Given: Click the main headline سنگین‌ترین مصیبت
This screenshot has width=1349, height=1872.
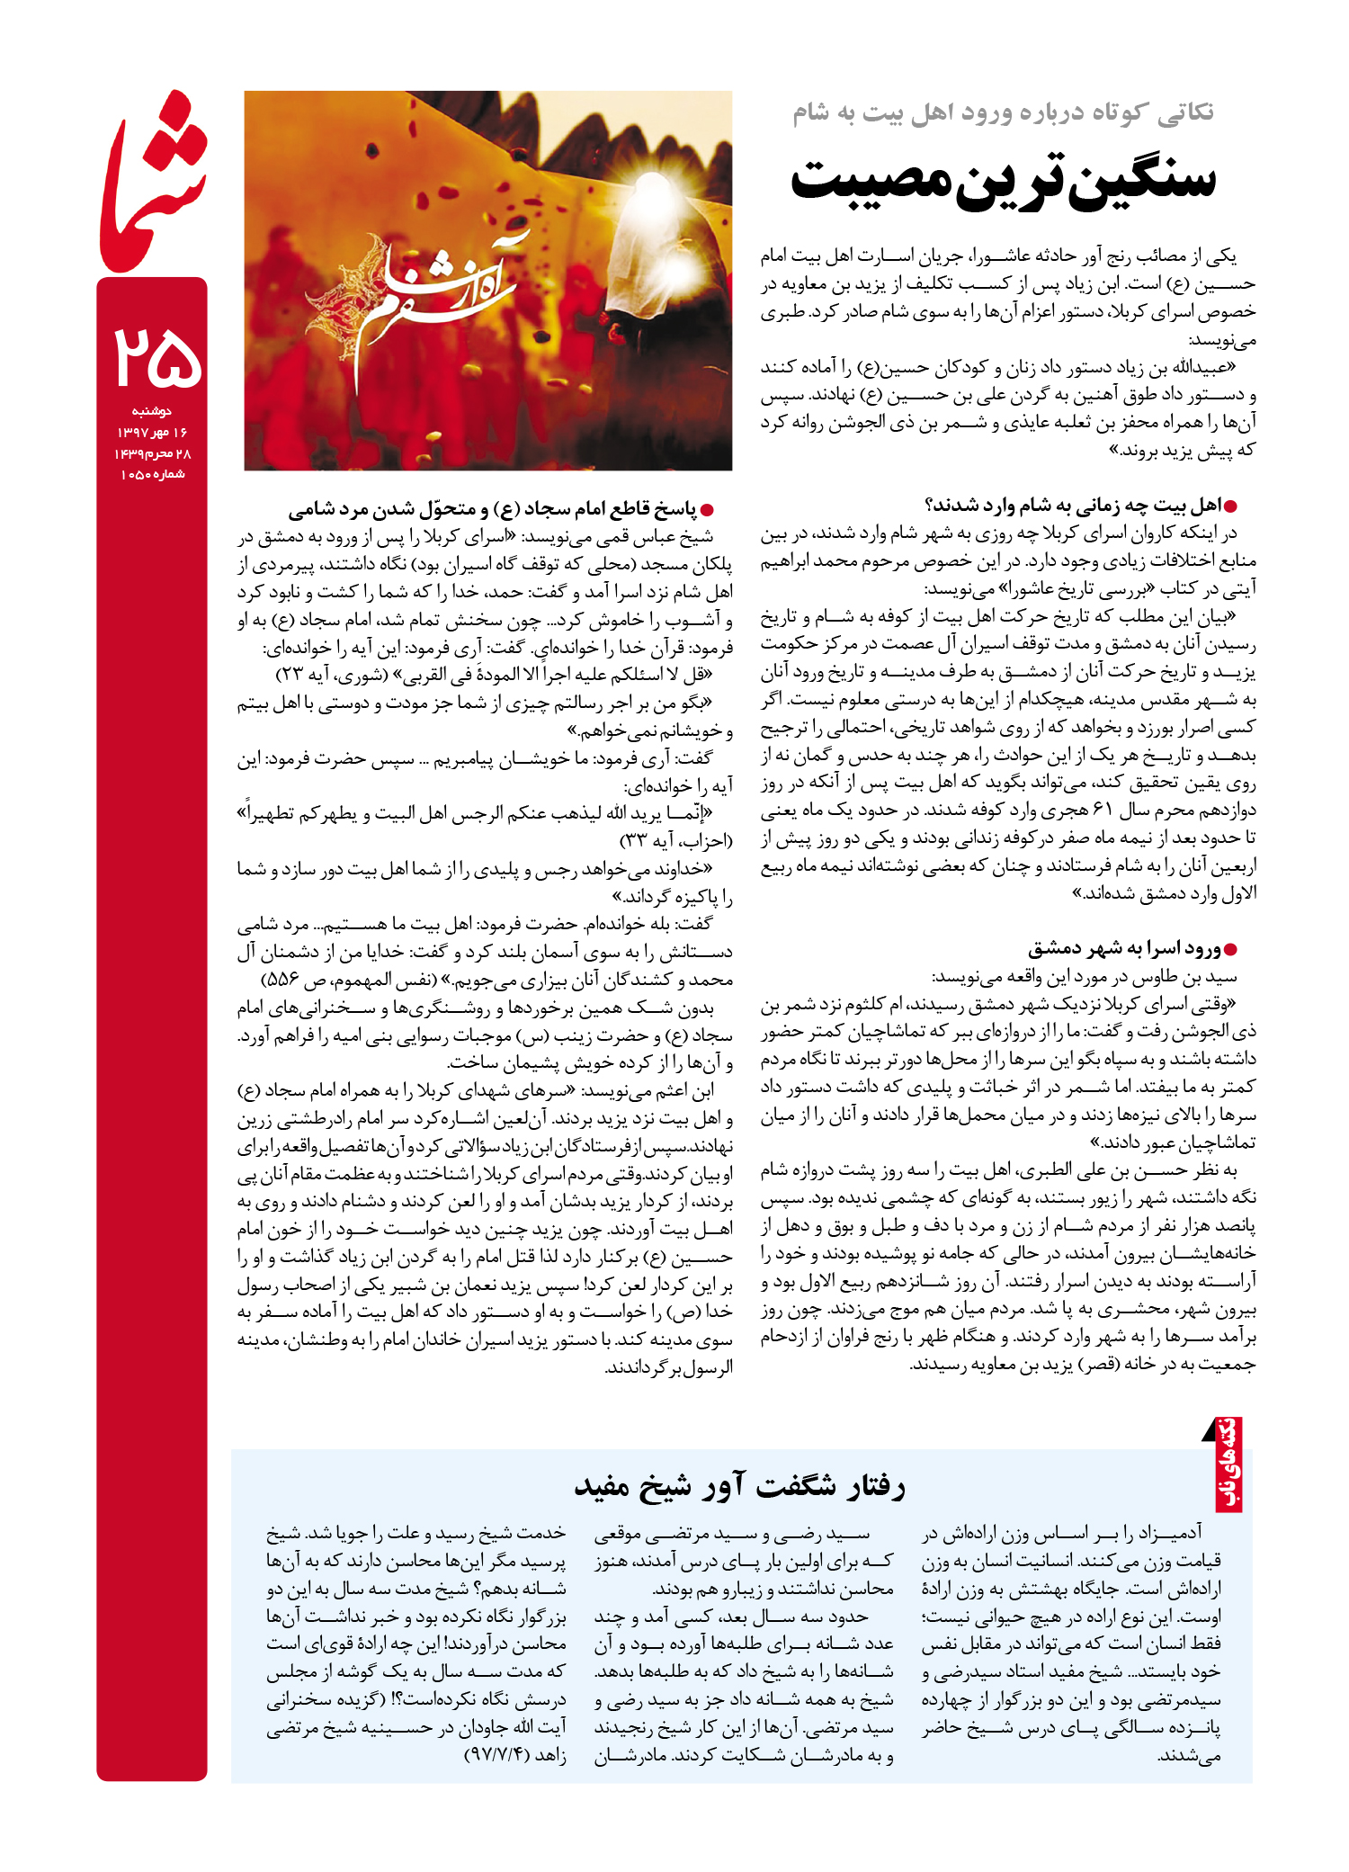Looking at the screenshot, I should click(x=1002, y=179).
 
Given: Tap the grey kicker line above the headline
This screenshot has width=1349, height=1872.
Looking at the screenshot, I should click(x=1002, y=112).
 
